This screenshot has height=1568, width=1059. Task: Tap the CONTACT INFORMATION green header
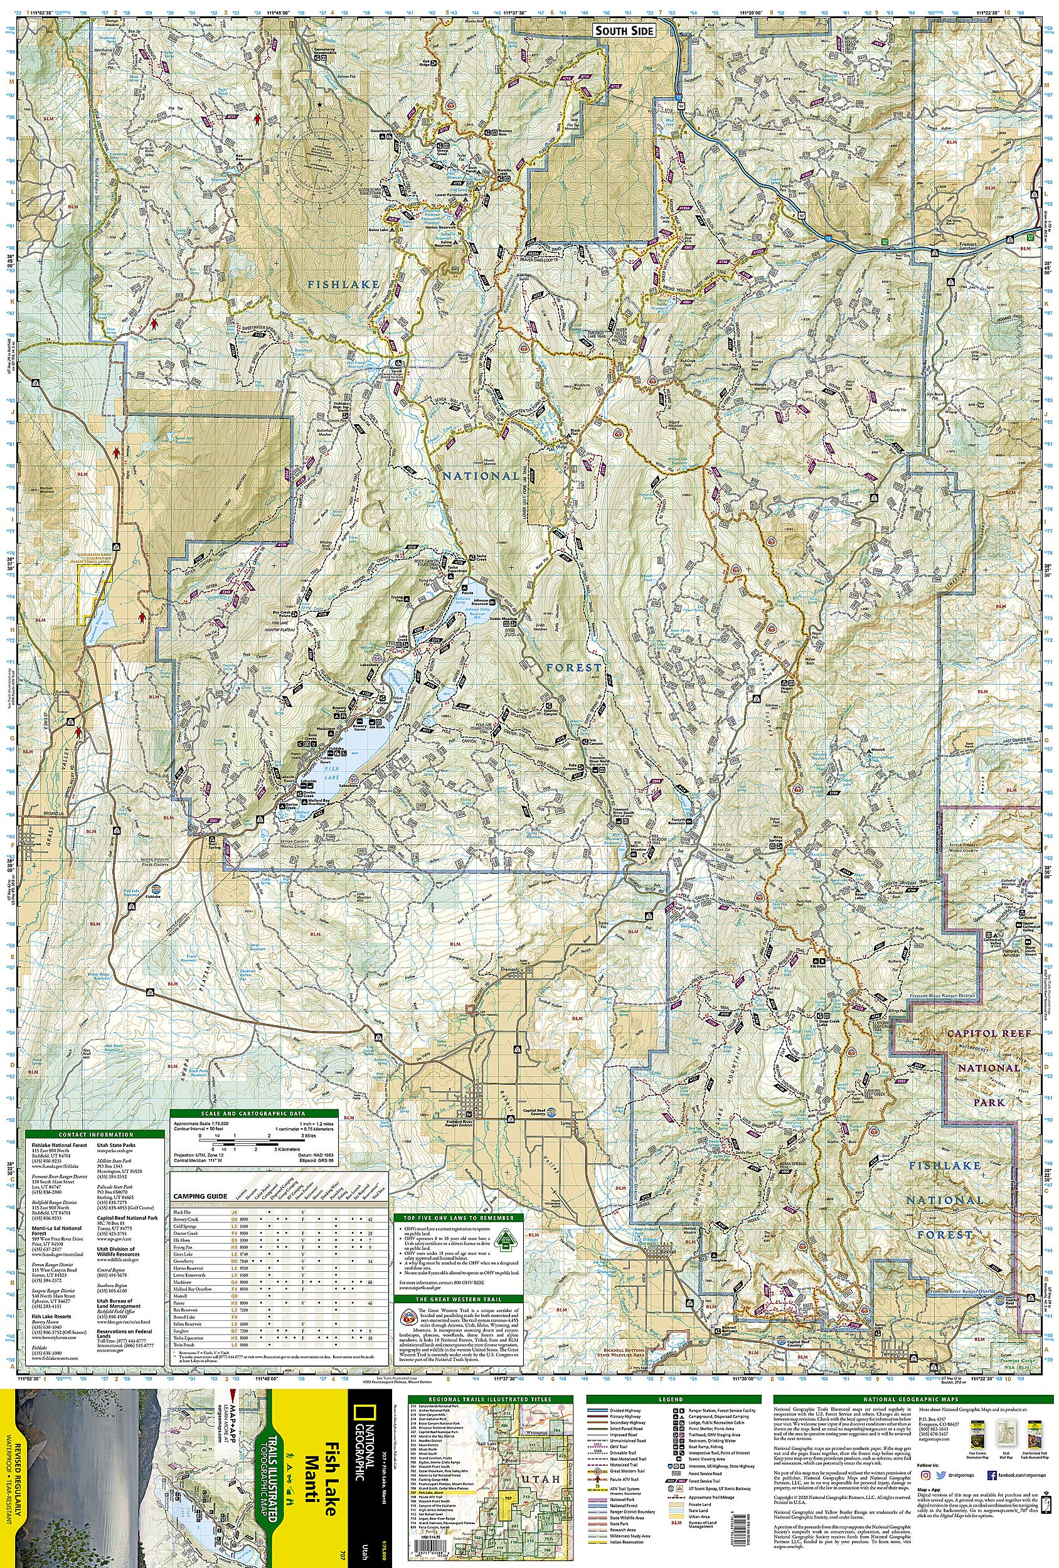pos(95,1134)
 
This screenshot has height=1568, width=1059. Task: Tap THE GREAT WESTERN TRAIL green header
pos(459,1299)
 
